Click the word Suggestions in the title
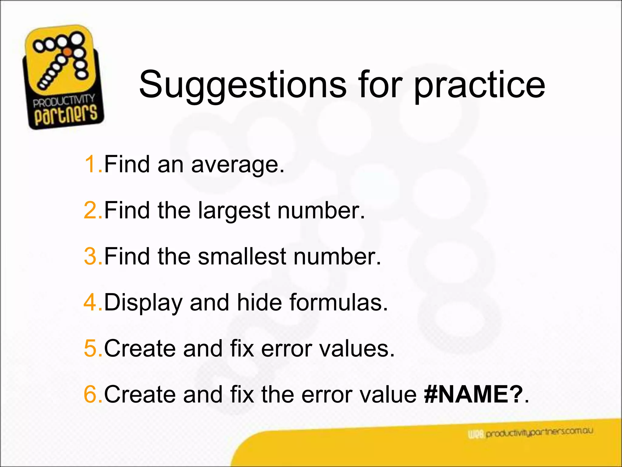(242, 85)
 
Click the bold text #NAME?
(473, 394)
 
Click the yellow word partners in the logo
(66, 115)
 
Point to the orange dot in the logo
(67, 52)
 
